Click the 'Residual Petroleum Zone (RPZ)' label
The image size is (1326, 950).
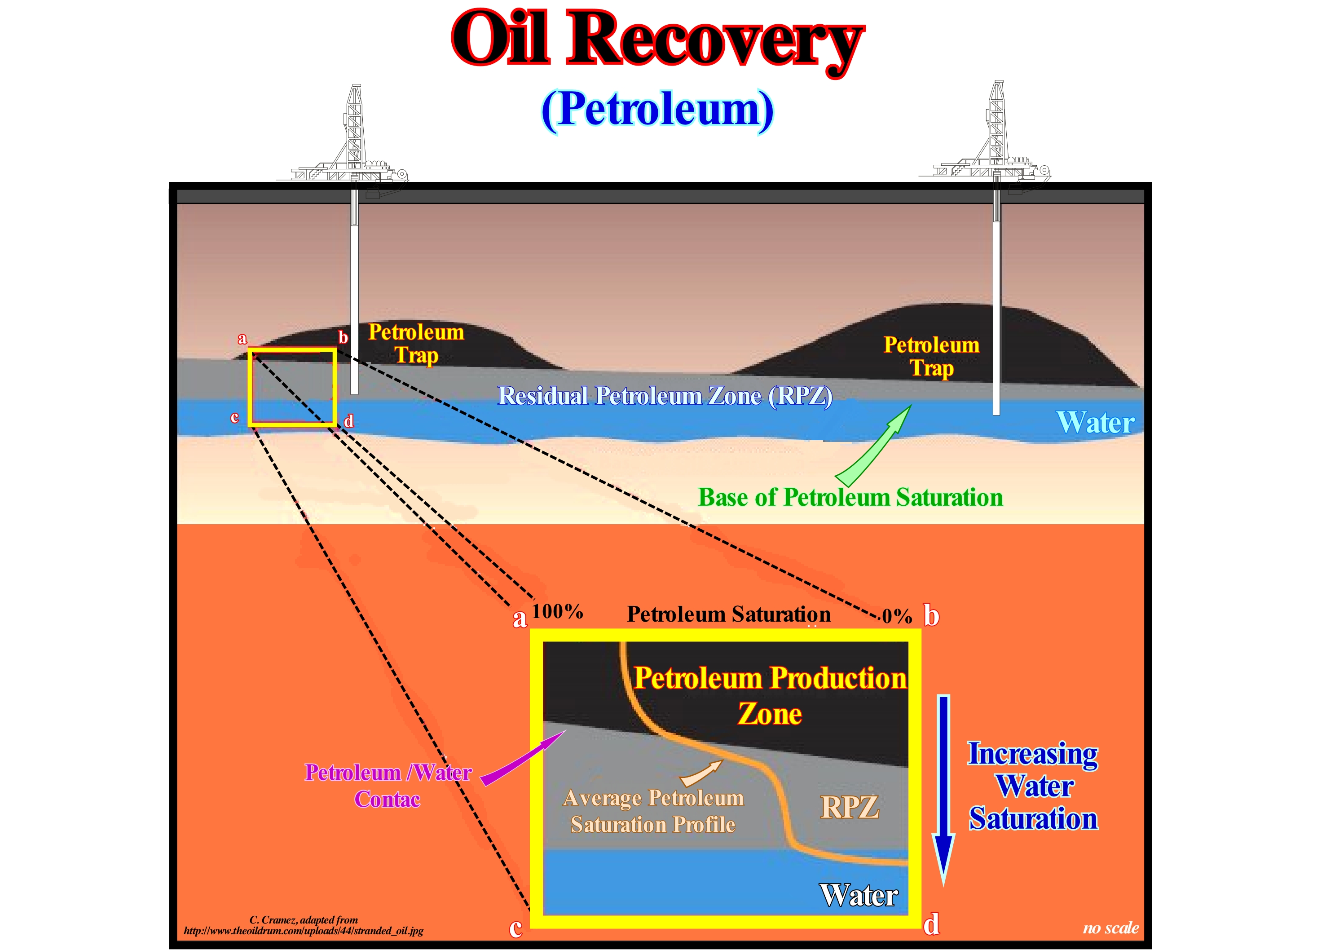[664, 397]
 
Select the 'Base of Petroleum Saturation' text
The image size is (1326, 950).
[850, 498]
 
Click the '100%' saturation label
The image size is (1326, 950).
[557, 612]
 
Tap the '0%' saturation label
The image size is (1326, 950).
[897, 616]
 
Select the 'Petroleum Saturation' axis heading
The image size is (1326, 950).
[728, 614]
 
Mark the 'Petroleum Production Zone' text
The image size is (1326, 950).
[770, 695]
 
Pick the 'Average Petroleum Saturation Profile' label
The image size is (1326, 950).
[653, 811]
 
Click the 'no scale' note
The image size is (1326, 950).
[1110, 928]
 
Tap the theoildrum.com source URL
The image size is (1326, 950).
[304, 931]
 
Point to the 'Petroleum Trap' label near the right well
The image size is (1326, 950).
[931, 356]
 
